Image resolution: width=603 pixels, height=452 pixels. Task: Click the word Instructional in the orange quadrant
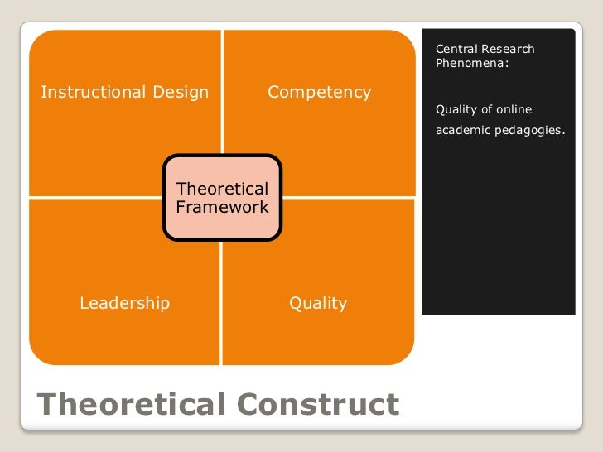pos(89,92)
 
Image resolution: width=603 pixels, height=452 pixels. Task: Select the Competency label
pos(319,92)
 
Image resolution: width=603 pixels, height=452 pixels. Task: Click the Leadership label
pos(124,303)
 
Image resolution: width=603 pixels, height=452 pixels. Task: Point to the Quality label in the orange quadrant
pos(318,303)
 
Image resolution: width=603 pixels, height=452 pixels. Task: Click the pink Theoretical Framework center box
pos(222,198)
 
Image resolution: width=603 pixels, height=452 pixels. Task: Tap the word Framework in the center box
pos(222,208)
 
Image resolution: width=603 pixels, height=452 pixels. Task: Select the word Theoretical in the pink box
pos(222,189)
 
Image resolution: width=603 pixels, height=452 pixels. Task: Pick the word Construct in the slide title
pos(317,405)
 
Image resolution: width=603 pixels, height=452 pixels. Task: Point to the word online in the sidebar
pos(514,110)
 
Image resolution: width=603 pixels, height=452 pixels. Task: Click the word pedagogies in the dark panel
pos(526,130)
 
